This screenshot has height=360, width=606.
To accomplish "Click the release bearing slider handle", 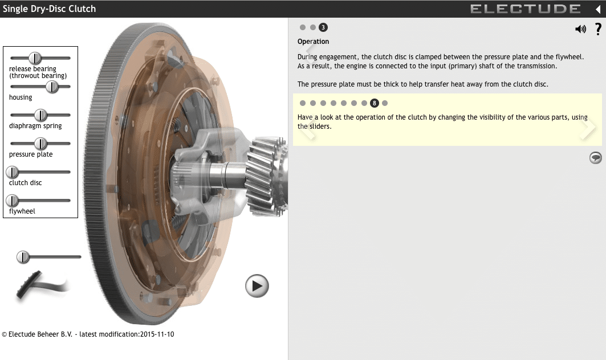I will tap(35, 58).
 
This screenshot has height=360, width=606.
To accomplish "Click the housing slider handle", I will tap(52, 87).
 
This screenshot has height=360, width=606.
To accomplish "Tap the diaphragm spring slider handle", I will tap(40, 115).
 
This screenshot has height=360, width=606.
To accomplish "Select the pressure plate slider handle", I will tap(40, 144).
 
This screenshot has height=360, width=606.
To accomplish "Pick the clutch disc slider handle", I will tap(12, 172).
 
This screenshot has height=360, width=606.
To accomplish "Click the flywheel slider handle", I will tap(12, 201).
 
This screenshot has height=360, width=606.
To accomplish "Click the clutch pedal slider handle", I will tap(23, 257).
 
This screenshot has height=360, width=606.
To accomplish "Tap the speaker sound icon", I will tap(580, 29).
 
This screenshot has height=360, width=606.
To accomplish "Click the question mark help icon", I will tap(598, 29).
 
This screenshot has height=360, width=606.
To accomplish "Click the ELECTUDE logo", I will tap(525, 9).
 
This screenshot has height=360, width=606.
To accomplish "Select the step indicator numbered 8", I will tap(375, 103).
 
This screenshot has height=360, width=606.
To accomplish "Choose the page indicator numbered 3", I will tap(323, 27).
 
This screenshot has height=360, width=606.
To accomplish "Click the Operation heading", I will tap(313, 42).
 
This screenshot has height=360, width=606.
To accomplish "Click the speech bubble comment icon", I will tap(595, 158).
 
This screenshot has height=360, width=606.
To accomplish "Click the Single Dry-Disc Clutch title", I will tap(50, 9).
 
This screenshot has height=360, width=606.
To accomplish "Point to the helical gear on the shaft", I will tap(268, 171).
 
